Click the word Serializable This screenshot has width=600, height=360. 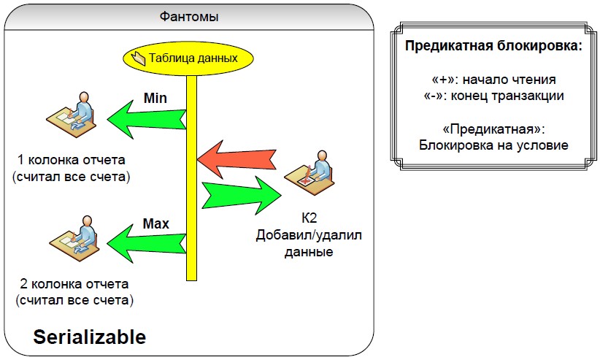tap(90, 337)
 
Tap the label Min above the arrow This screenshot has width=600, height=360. tap(155, 97)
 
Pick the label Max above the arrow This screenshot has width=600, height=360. tap(155, 223)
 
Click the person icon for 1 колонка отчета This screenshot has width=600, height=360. tap(72, 114)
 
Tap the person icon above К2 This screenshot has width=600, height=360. tap(309, 172)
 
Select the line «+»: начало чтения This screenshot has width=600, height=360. tap(494, 80)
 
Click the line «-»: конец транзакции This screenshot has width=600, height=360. tap(494, 95)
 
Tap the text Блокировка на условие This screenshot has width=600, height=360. tap(493, 145)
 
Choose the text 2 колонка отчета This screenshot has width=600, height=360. tap(73, 284)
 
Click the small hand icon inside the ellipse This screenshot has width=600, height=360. tap(139, 58)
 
